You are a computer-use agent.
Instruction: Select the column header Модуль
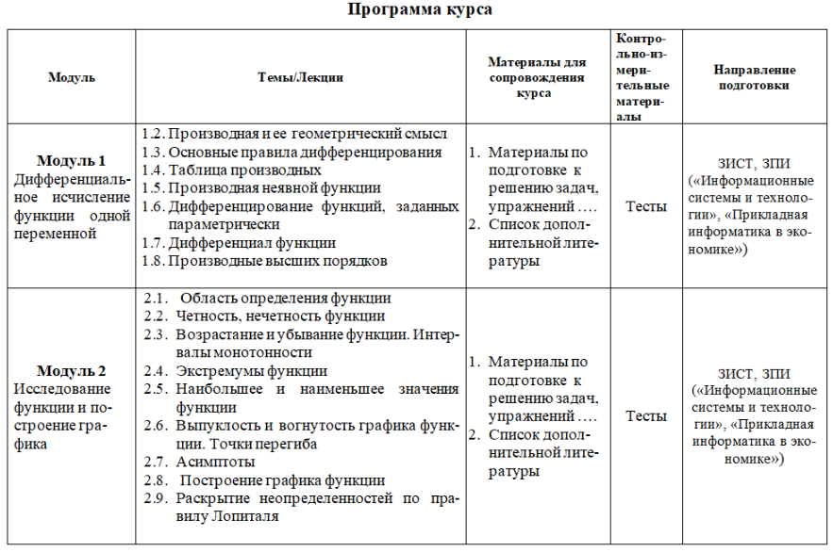tap(72, 78)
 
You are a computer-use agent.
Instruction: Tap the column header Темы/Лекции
tap(300, 78)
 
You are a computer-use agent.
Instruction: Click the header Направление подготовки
tap(754, 77)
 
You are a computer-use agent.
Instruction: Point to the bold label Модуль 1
tap(72, 160)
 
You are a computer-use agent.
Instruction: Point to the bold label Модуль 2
tap(72, 370)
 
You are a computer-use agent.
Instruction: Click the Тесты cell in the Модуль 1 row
tap(646, 206)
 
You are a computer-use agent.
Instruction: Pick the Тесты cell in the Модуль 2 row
tap(646, 415)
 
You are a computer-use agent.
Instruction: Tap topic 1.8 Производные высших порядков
tap(264, 260)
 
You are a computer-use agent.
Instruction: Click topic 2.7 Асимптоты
tap(216, 462)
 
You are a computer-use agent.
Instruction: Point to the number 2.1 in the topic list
tap(156, 299)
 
